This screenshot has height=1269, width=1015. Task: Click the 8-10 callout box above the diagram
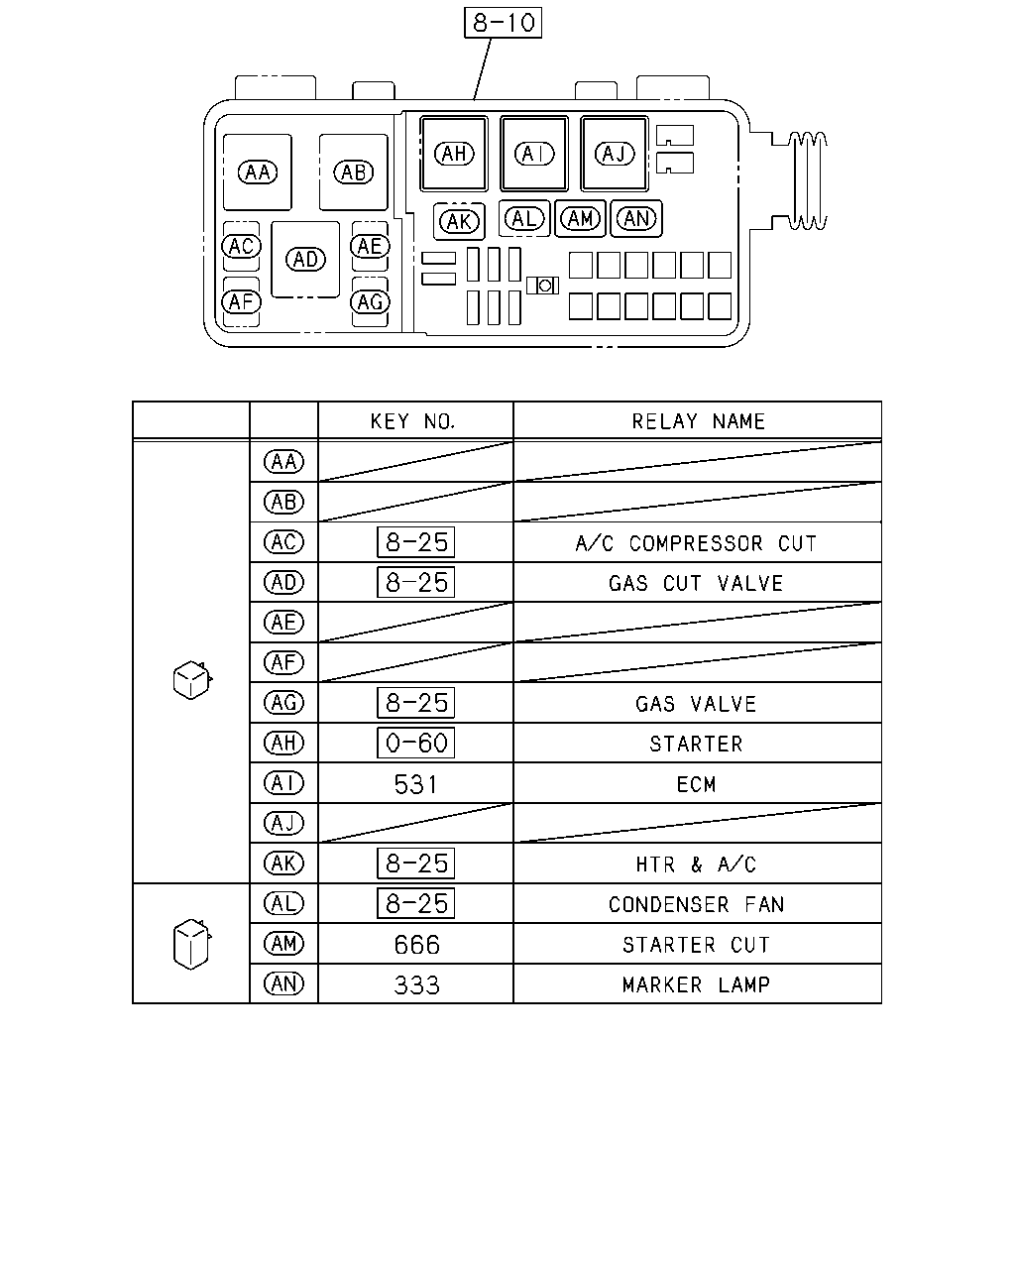point(503,23)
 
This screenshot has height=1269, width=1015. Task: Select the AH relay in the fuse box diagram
point(454,154)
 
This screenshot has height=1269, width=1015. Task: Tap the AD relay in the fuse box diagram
point(305,259)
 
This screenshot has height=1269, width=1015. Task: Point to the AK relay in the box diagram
point(459,221)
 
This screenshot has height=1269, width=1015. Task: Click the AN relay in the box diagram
point(636,219)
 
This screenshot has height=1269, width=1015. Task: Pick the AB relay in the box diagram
point(353,173)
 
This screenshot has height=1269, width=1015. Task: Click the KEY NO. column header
point(413,421)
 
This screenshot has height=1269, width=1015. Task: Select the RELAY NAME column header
point(698,421)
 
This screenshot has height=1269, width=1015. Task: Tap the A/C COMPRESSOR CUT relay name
point(697,543)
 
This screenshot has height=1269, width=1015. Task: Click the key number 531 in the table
point(415,784)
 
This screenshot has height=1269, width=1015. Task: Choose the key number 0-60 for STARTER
point(415,743)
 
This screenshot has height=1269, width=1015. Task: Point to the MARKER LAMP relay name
point(697,984)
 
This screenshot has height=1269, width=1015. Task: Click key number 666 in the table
point(416,945)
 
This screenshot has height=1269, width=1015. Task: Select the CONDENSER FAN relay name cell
point(697,904)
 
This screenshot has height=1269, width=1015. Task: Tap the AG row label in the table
point(283,702)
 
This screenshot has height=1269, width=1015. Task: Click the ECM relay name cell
point(697,784)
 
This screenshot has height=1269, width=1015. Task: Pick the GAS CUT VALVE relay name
point(697,583)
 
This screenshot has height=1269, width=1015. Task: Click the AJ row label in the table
point(283,823)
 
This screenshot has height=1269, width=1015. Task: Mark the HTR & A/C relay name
point(697,865)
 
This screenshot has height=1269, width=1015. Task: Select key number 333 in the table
point(416,984)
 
